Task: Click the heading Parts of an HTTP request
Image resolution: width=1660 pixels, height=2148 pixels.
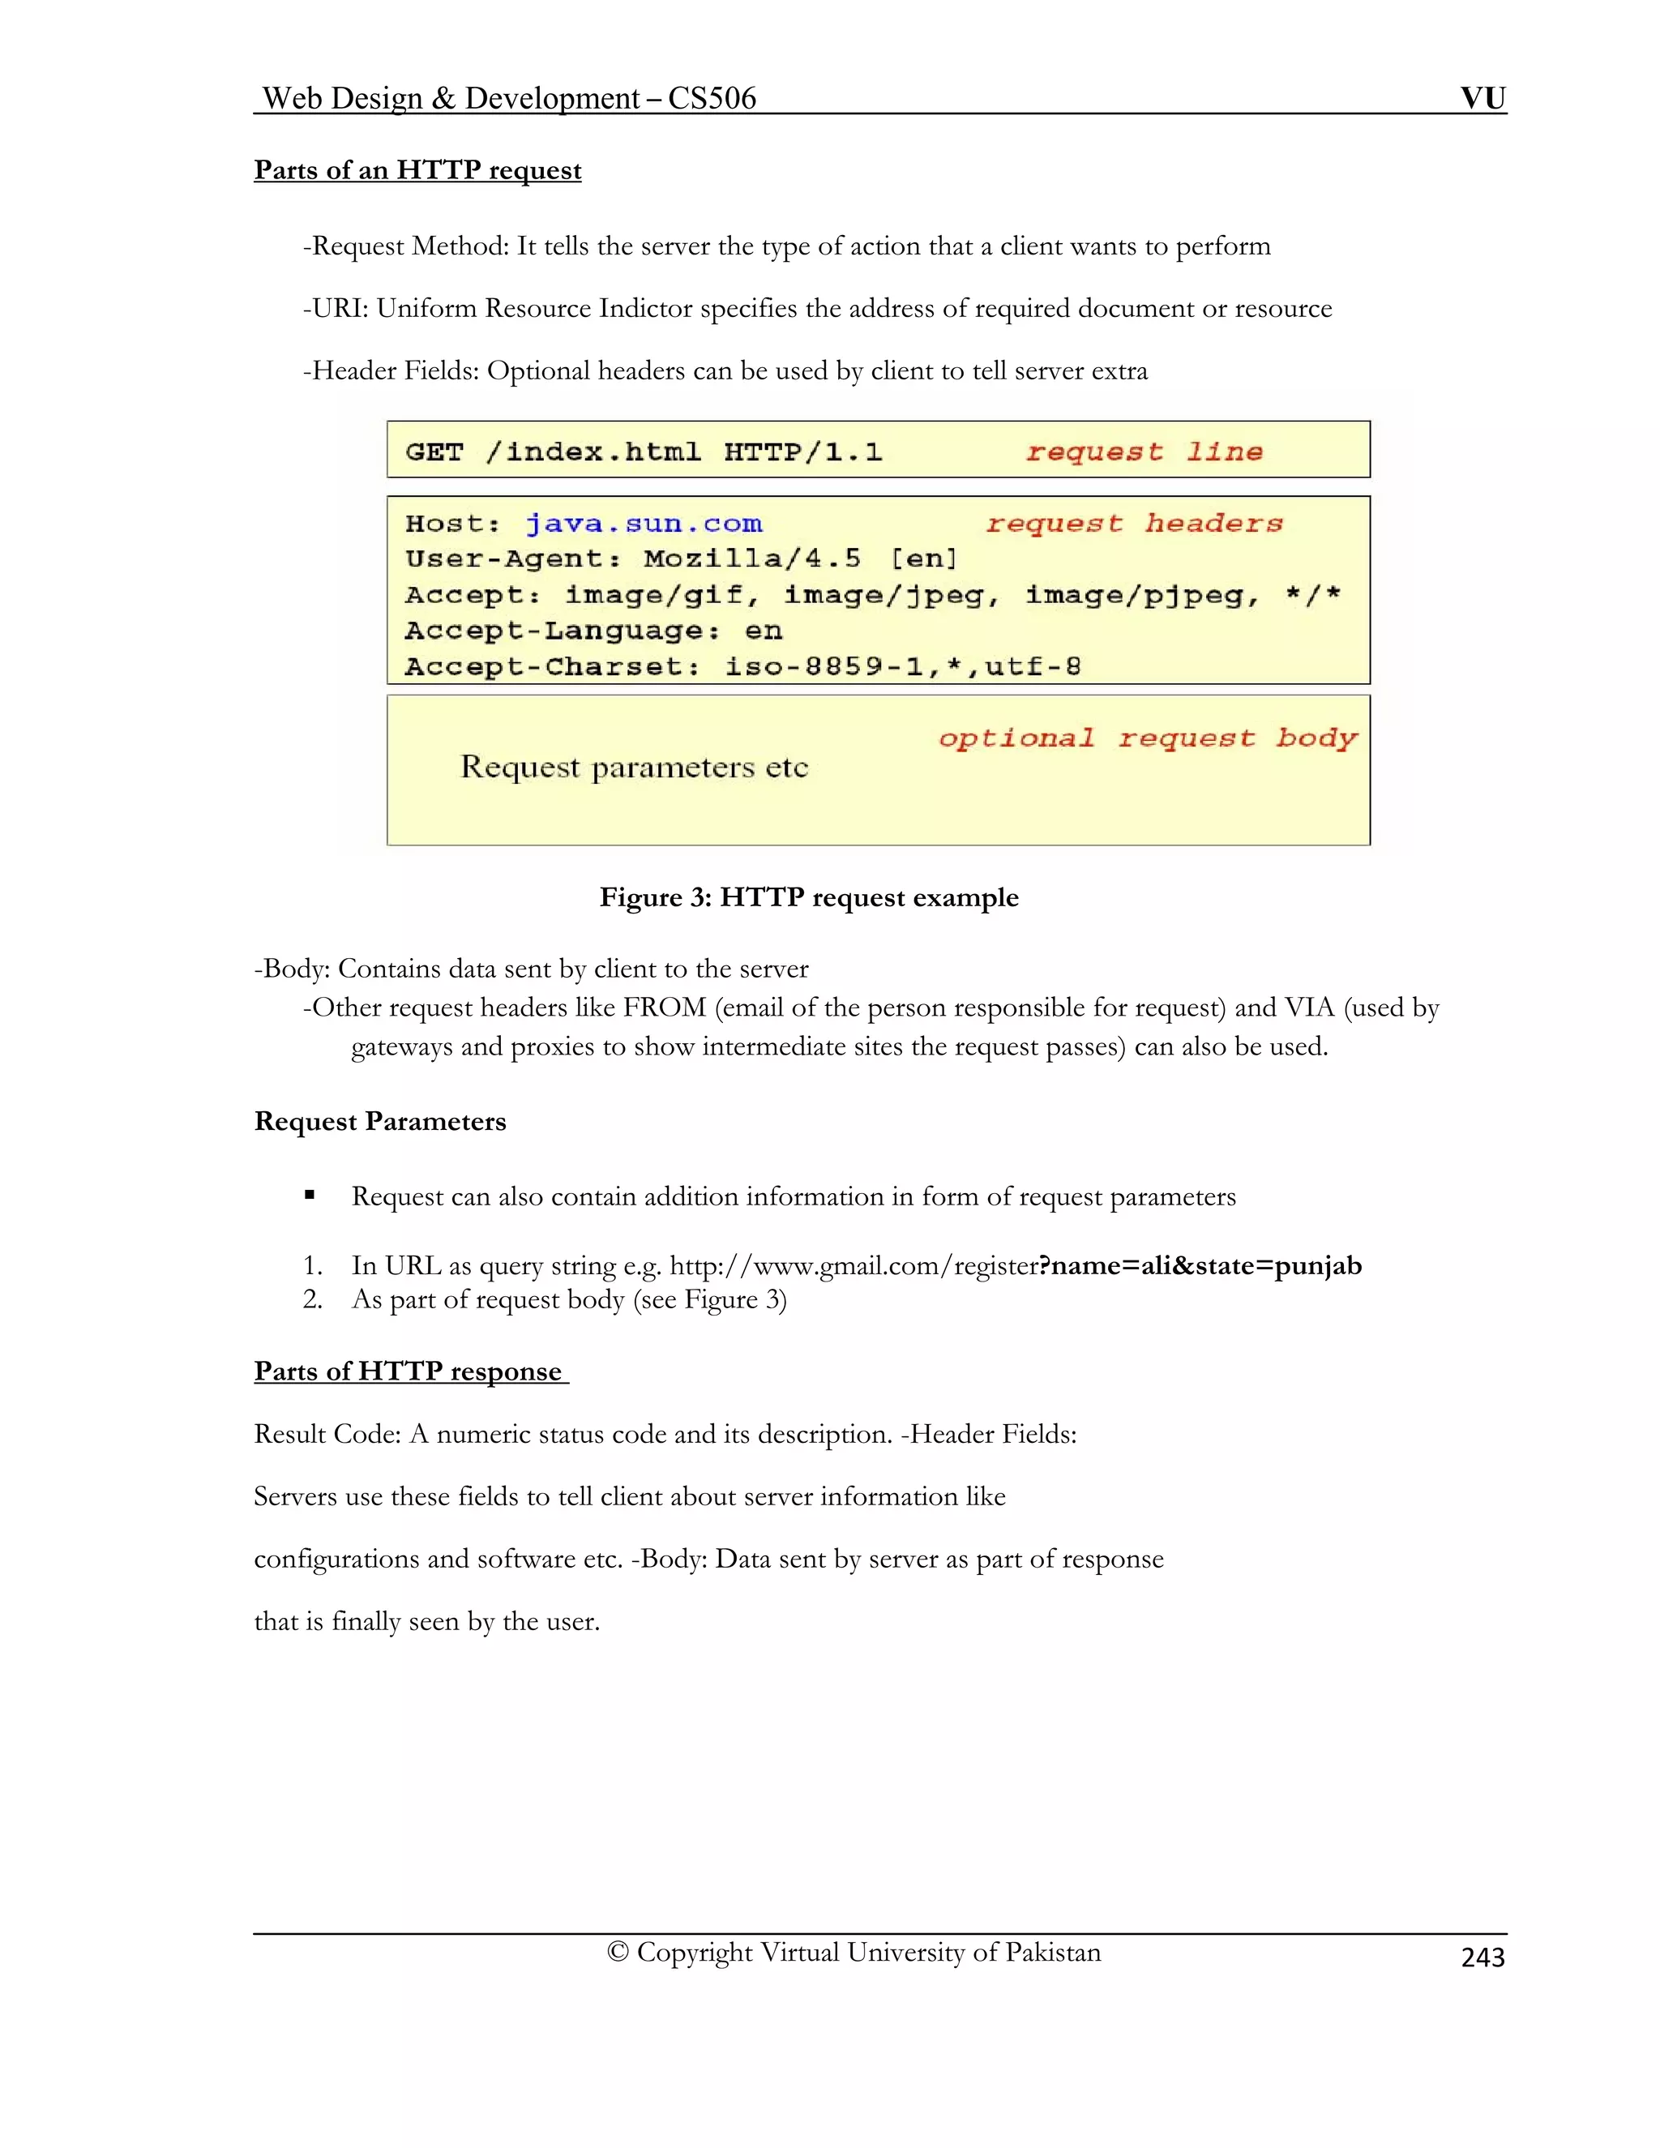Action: point(417,170)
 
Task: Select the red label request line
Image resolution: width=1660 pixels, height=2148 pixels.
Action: point(1144,451)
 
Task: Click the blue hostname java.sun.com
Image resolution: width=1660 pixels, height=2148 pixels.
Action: point(643,524)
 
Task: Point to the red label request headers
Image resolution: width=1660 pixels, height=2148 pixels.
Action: point(1134,524)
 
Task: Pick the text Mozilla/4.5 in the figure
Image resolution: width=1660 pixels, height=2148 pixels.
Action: point(752,558)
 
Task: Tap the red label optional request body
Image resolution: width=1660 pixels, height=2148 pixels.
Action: point(1147,738)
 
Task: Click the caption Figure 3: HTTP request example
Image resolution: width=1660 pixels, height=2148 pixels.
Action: point(808,897)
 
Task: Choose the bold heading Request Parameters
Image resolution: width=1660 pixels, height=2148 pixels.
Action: point(379,1121)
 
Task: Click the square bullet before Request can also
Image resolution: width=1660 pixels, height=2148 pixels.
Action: point(310,1195)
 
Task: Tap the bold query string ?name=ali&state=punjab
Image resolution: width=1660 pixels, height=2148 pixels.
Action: point(1200,1266)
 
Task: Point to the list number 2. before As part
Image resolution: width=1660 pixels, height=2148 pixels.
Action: point(313,1299)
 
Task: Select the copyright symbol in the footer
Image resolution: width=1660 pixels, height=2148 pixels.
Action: point(618,1953)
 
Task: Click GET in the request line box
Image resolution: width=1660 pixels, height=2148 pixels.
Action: point(434,451)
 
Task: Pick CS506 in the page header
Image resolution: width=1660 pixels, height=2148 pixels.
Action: point(711,98)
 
